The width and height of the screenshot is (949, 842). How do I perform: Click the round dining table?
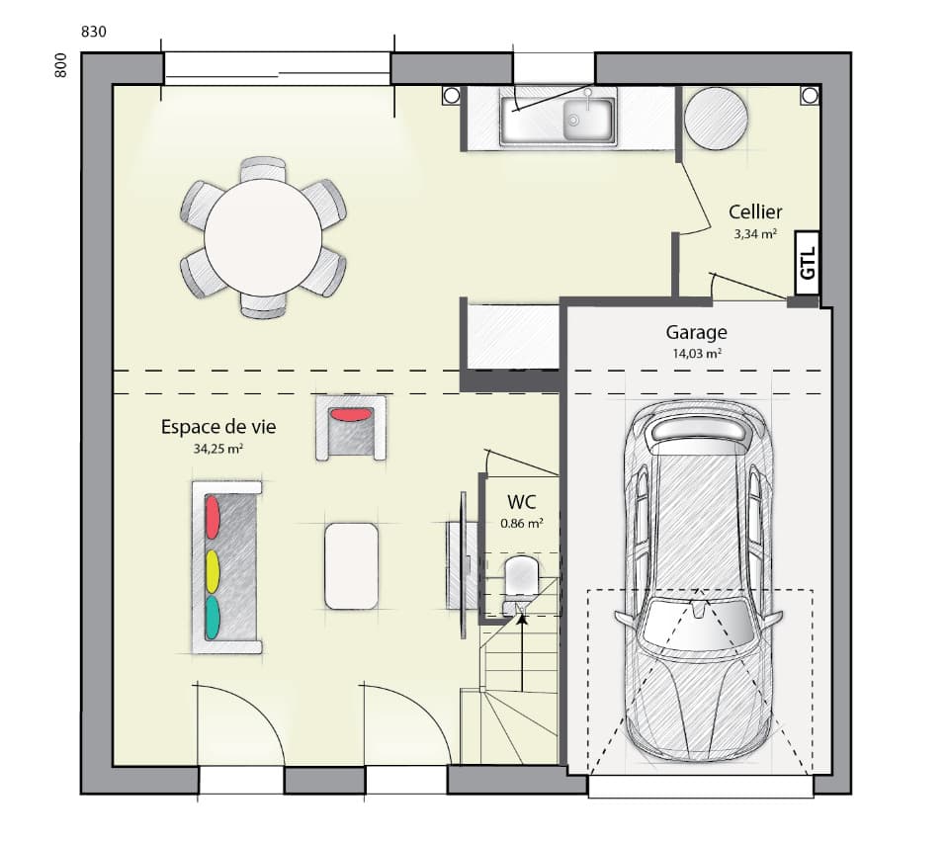click(263, 238)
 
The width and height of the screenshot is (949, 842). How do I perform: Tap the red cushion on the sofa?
click(212, 517)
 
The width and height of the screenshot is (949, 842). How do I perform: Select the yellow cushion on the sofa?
click(212, 569)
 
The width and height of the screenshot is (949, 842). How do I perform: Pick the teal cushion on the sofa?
click(212, 618)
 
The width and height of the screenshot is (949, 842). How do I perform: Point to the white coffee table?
click(351, 565)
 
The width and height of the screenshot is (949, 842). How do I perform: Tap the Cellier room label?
click(755, 211)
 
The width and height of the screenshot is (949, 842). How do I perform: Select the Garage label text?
click(696, 333)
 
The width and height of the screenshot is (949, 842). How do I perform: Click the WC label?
click(521, 501)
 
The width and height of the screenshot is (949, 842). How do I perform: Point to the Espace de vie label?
click(218, 427)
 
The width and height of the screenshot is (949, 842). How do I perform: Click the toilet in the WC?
click(520, 577)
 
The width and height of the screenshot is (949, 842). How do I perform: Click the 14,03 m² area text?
click(696, 353)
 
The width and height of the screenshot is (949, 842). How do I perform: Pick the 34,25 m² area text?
click(218, 448)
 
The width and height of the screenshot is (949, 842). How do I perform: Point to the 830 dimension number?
click(93, 32)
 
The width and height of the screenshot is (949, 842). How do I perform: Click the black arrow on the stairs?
click(522, 621)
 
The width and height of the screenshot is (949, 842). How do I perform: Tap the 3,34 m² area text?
click(754, 234)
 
